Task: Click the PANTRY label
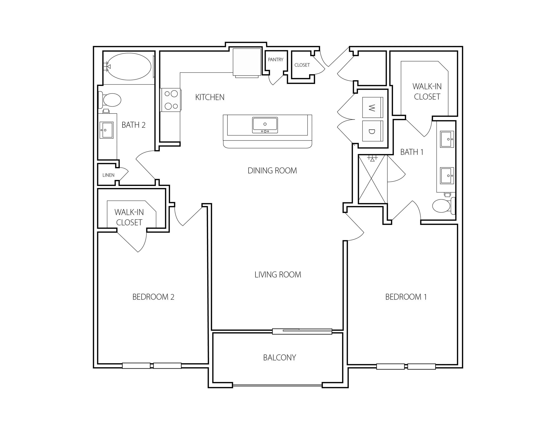pos(275,60)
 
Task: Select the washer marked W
pos(373,107)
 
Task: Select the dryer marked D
pos(373,131)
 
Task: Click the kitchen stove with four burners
pos(171,100)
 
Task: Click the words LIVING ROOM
pos(278,275)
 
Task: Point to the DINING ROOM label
pos(272,170)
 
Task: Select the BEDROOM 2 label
pos(153,297)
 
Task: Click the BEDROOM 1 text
pos(406,297)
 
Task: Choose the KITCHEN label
pos(210,97)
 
